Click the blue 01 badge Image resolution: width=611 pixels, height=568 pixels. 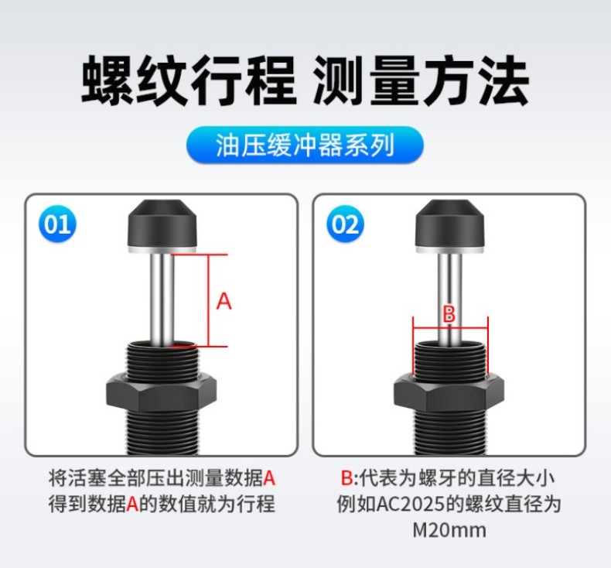pos(57,224)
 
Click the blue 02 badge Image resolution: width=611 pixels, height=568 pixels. pos(345,224)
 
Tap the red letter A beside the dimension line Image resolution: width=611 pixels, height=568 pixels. pos(224,301)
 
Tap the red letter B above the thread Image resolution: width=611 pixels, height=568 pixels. pos(449,314)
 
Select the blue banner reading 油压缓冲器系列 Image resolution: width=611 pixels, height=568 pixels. pos(305,145)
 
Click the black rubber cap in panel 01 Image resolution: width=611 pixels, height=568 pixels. pos(162,224)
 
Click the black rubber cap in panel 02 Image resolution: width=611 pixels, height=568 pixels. pos(450,224)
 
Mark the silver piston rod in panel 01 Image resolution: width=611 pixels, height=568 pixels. pos(162,298)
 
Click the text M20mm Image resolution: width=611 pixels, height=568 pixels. pos(449,530)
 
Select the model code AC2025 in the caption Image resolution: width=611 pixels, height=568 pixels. pos(411,504)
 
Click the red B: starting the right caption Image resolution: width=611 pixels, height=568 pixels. pos(350,478)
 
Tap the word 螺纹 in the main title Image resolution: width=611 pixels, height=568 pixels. pos(134,80)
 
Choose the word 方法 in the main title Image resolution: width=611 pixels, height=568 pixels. pos(476,80)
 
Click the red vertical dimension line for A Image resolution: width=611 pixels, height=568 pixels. pos(209,300)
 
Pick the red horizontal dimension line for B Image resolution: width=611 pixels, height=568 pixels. pos(450,328)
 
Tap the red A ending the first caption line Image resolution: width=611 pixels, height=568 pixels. pos(269,478)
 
